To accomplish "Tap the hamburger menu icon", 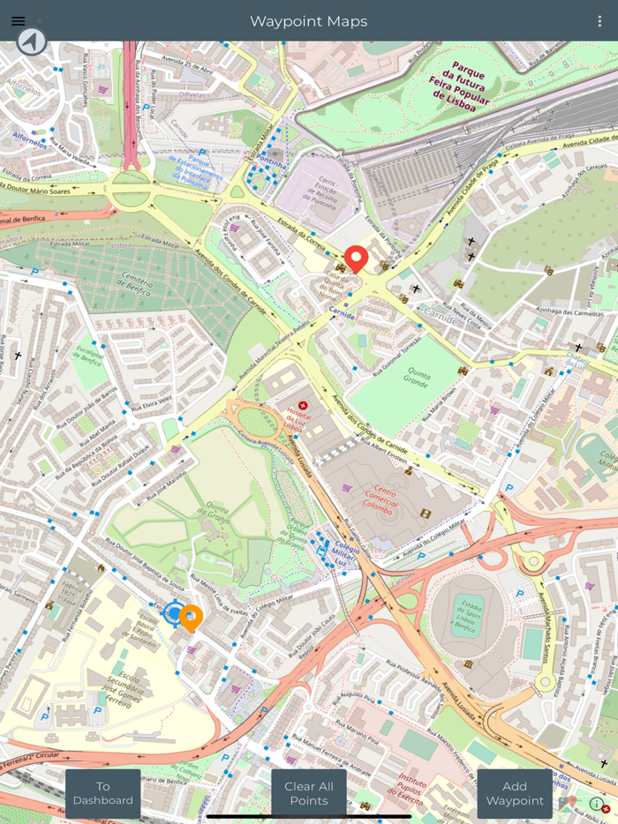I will click(x=18, y=21).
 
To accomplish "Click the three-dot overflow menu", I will click(x=599, y=21).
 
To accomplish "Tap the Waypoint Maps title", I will click(x=308, y=21).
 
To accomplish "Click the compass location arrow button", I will click(x=32, y=41).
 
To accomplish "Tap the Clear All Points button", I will click(x=308, y=793).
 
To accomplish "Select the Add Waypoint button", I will click(x=515, y=793).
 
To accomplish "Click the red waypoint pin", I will click(x=356, y=258).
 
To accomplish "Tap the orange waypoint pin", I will click(x=191, y=617).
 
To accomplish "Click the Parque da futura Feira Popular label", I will click(x=458, y=85).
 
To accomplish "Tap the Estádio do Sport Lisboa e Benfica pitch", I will click(x=468, y=614).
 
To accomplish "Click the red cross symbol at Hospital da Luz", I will click(x=303, y=405).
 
